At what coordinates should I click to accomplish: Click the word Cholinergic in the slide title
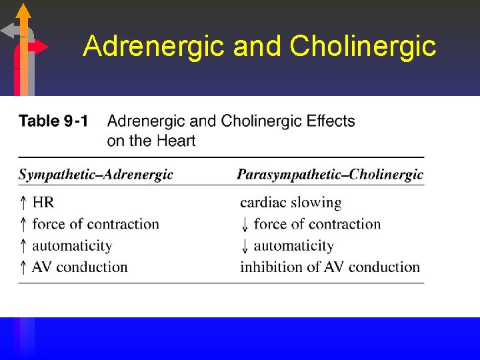363,47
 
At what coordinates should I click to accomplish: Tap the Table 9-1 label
53,121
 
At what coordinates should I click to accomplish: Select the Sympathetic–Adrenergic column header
95,175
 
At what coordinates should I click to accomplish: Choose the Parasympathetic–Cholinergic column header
330,175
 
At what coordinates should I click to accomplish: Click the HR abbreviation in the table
43,202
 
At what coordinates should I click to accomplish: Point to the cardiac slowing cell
291,202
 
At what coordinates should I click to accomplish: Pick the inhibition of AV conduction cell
330,267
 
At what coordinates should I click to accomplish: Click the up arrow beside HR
23,203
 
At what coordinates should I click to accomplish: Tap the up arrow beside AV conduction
23,267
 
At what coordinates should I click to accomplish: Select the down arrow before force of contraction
245,225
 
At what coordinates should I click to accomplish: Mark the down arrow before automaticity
245,246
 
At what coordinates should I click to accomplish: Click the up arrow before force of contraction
23,225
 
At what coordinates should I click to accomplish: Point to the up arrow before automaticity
23,246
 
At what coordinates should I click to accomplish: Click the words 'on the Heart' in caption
151,141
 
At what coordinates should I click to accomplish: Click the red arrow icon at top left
39,47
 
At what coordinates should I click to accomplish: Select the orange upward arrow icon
23,13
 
